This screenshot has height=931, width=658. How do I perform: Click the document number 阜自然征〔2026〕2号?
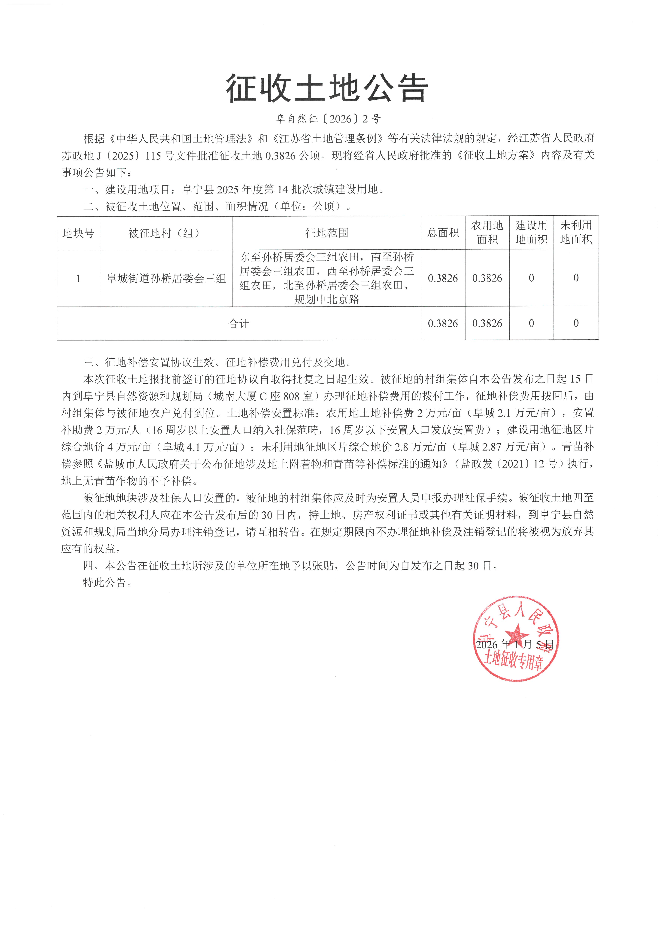[328, 119]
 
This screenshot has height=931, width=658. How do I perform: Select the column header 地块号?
[78, 233]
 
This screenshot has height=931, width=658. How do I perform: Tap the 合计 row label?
[239, 324]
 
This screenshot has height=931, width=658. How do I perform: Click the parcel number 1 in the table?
[78, 279]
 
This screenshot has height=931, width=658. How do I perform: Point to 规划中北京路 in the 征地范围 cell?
[327, 300]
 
